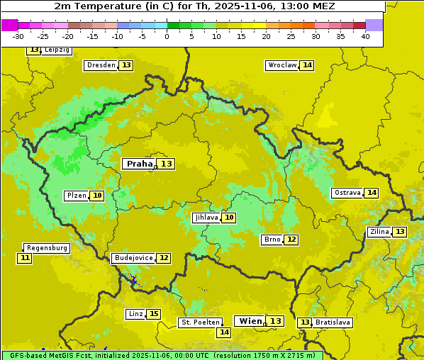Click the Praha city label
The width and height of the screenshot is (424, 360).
point(139,164)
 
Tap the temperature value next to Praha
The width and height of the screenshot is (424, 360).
point(166,164)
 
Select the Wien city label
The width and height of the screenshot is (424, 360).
point(250,321)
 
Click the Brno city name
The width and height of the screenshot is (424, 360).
point(272,240)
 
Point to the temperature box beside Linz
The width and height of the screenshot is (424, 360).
point(154,314)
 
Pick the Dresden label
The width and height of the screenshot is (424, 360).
point(100,65)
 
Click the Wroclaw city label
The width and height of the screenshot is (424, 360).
point(281,65)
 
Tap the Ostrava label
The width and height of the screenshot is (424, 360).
point(347,193)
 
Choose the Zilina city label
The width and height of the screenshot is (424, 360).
point(379,232)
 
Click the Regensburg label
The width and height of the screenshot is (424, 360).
point(47,248)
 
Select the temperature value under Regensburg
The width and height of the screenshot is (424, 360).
point(25,258)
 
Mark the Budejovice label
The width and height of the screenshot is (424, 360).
point(133,258)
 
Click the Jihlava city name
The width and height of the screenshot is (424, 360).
point(206,218)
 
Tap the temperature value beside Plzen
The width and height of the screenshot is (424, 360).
point(97,196)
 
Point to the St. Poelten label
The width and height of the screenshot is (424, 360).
point(200,322)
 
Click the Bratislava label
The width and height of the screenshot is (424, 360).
point(333,322)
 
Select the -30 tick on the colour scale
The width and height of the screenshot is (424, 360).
point(18,36)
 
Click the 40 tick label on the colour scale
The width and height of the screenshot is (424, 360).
point(365,36)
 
